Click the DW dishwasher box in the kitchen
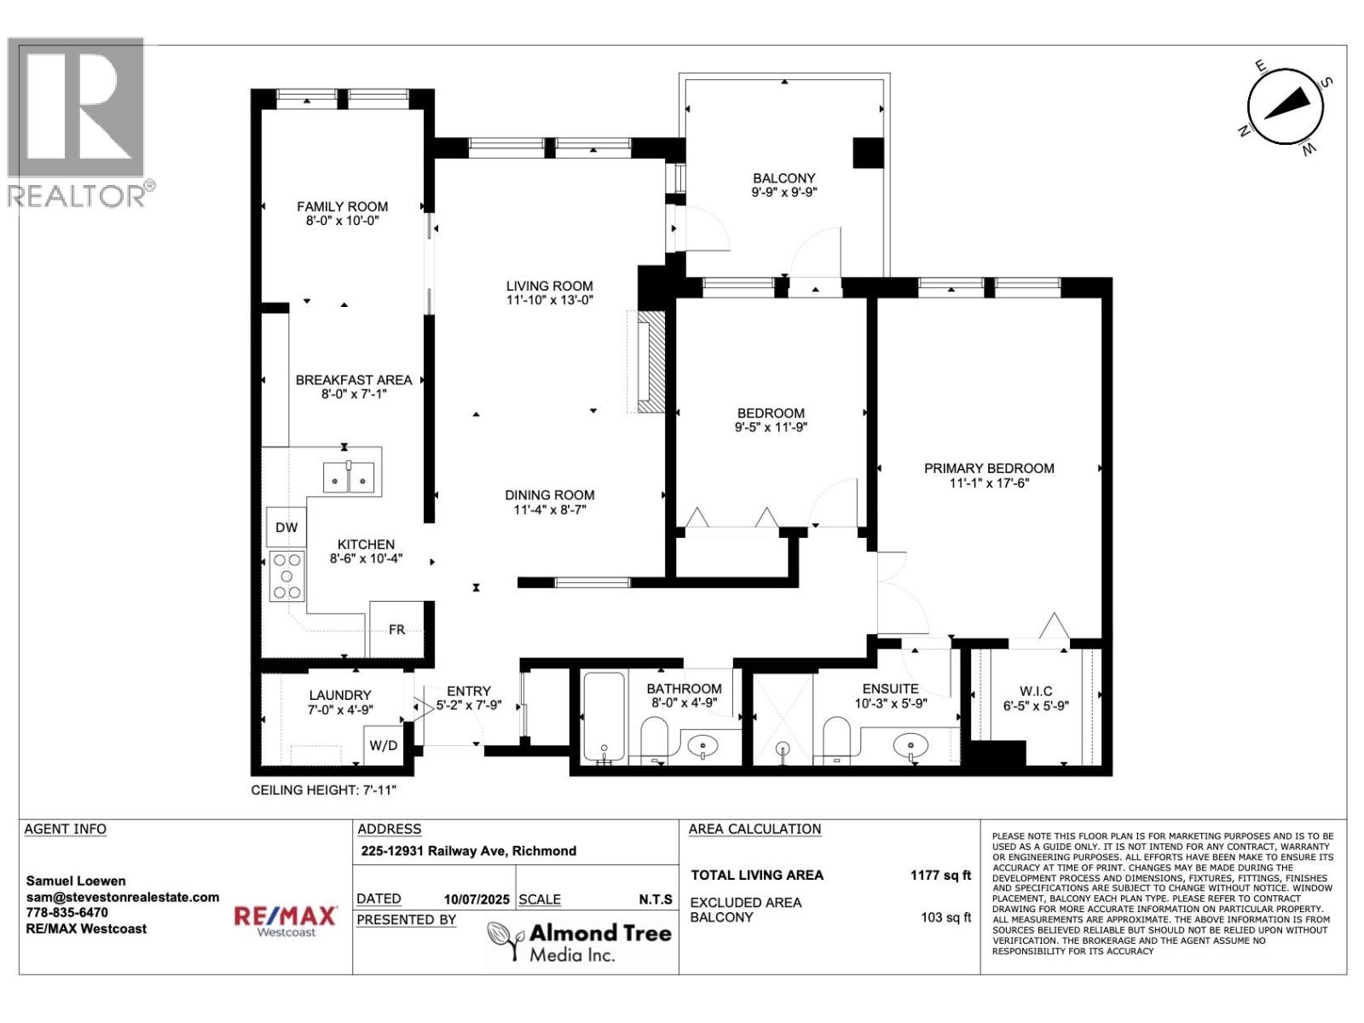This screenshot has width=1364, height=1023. click(x=286, y=528)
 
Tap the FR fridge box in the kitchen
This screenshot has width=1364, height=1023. click(x=397, y=628)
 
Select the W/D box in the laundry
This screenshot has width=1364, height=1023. click(x=384, y=745)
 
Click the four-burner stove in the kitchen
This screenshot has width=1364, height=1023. click(x=287, y=575)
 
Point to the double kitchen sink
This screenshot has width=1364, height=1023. click(x=349, y=477)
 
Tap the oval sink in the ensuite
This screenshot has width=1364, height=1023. click(x=910, y=743)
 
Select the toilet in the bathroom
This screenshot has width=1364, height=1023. click(x=654, y=740)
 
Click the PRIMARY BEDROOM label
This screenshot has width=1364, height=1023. click(x=989, y=468)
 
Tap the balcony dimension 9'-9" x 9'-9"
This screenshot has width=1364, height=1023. click(x=784, y=193)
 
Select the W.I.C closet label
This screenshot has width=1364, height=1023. click(x=1036, y=691)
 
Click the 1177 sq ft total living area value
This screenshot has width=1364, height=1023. click(x=940, y=876)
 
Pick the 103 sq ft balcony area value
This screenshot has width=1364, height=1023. click(x=945, y=917)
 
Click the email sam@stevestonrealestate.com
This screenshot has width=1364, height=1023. click(x=123, y=897)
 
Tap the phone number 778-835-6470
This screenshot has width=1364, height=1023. click(x=66, y=912)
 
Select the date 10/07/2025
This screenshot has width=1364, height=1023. click(x=477, y=899)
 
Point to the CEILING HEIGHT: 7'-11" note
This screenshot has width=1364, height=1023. click(x=323, y=790)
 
